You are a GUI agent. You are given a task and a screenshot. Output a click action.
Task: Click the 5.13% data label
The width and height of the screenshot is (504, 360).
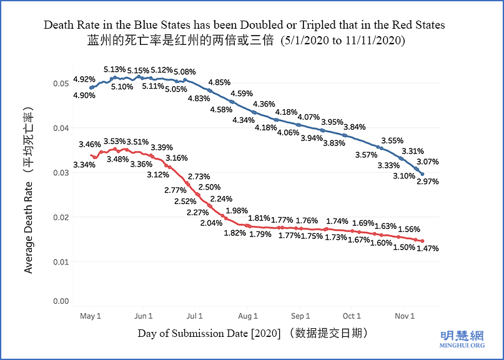pos(114,69)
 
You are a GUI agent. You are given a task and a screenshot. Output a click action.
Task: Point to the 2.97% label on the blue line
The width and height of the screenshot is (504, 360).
pos(428,182)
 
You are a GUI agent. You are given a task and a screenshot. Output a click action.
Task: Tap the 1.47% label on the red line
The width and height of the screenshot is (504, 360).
pos(428,248)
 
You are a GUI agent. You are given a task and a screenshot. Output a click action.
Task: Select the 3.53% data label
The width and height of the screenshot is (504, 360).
pos(114,142)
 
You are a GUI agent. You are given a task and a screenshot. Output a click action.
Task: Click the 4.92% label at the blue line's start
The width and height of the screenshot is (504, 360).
pos(84,79)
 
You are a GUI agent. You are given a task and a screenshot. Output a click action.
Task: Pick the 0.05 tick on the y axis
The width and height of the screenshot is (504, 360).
pos(61,84)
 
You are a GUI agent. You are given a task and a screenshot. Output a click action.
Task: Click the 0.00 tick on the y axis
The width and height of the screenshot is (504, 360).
pos(61,301)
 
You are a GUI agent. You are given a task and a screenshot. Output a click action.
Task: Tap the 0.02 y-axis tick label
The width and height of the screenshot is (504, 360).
pos(61,217)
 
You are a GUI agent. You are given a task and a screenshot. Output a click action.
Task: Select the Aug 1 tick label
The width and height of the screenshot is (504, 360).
pos(248,316)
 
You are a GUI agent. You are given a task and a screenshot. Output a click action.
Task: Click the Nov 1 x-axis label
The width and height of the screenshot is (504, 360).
pos(405,316)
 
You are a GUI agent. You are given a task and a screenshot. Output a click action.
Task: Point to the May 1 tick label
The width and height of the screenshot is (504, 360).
pos(91,316)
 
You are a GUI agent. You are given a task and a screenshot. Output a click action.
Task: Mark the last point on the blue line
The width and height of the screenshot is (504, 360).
pos(423,174)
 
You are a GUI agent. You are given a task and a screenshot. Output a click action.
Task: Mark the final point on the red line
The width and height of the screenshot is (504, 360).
pos(423,241)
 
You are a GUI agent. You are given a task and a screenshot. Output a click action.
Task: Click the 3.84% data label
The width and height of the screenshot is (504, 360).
pos(354,127)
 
